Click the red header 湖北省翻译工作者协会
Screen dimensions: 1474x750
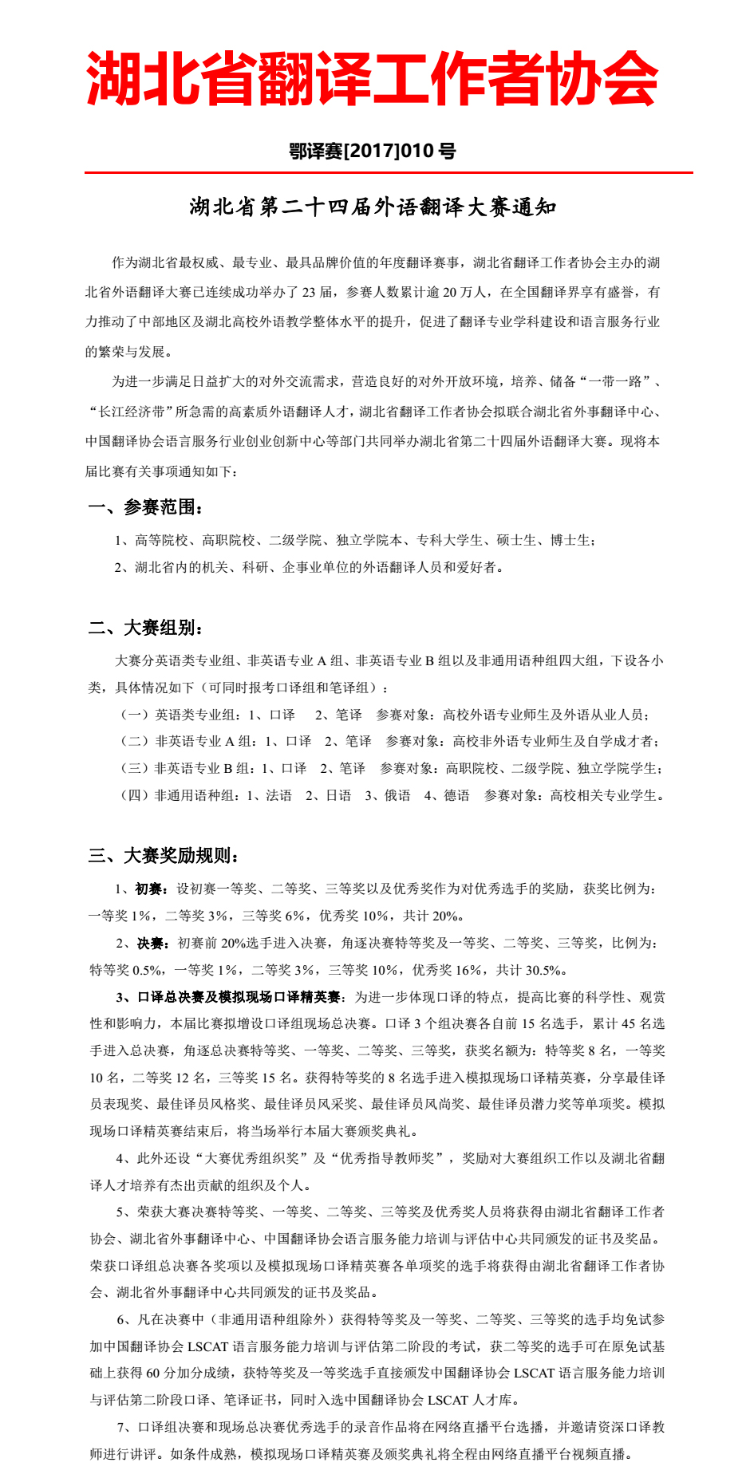373,78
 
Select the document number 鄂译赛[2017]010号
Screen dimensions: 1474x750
373,151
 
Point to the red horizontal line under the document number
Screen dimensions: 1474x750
389,172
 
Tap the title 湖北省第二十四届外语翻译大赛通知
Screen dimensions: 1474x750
373,207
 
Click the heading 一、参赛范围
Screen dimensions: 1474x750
145,507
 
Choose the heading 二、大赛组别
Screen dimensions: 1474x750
145,628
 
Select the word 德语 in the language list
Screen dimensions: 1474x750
456,795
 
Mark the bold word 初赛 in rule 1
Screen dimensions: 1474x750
149,889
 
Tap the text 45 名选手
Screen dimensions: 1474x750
643,1024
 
